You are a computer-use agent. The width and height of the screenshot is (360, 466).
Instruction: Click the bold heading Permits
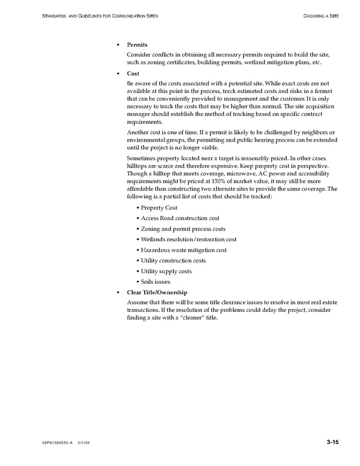coord(137,45)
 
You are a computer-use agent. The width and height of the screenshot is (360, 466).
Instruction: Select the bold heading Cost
coord(133,74)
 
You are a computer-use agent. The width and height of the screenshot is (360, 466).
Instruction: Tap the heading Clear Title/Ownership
coord(157,293)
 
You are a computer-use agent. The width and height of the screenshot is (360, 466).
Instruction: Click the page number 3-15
coord(333,442)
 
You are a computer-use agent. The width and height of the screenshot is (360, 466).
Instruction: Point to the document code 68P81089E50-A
coord(58,443)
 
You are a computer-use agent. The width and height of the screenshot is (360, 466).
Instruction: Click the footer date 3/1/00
coord(84,443)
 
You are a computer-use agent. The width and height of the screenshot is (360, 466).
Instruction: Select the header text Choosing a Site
coord(321,16)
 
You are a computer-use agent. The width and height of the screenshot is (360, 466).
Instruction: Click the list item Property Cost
coord(159,208)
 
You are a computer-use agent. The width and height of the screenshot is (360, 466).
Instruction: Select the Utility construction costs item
coord(173,261)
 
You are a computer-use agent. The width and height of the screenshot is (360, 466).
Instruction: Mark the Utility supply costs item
coord(166,271)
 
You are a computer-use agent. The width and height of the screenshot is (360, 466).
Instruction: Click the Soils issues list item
coord(155,282)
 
